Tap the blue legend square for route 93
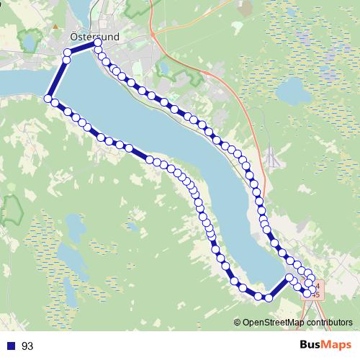coord(11,346)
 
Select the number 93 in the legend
coord(28,346)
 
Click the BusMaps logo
coord(325,345)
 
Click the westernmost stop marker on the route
coord(48,99)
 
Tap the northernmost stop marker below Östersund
coord(98,43)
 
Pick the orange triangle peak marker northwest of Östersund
coord(54,27)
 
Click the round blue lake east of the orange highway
coord(294,91)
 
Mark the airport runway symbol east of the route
coord(271,155)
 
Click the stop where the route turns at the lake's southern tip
coord(269,297)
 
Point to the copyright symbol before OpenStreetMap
coord(238,323)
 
